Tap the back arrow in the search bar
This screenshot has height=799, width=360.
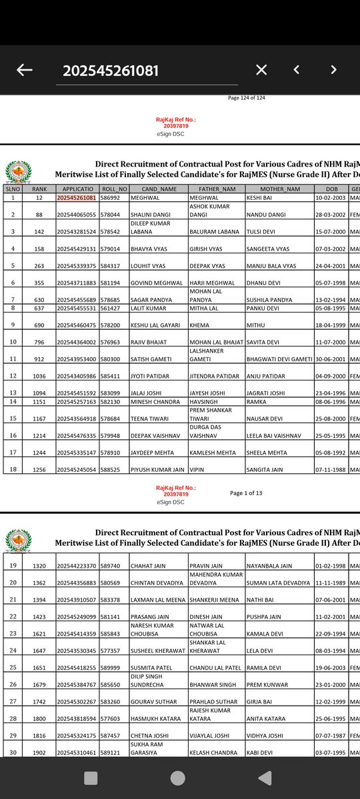click(x=25, y=70)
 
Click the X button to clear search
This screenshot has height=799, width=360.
click(x=261, y=70)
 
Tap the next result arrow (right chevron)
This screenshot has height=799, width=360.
click(x=333, y=70)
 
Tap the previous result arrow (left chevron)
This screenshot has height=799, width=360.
click(x=297, y=70)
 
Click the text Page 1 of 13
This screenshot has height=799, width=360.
click(x=246, y=493)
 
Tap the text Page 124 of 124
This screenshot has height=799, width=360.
click(x=247, y=98)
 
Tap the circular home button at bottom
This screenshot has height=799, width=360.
click(x=178, y=778)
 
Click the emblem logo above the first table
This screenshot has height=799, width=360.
click(x=17, y=171)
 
